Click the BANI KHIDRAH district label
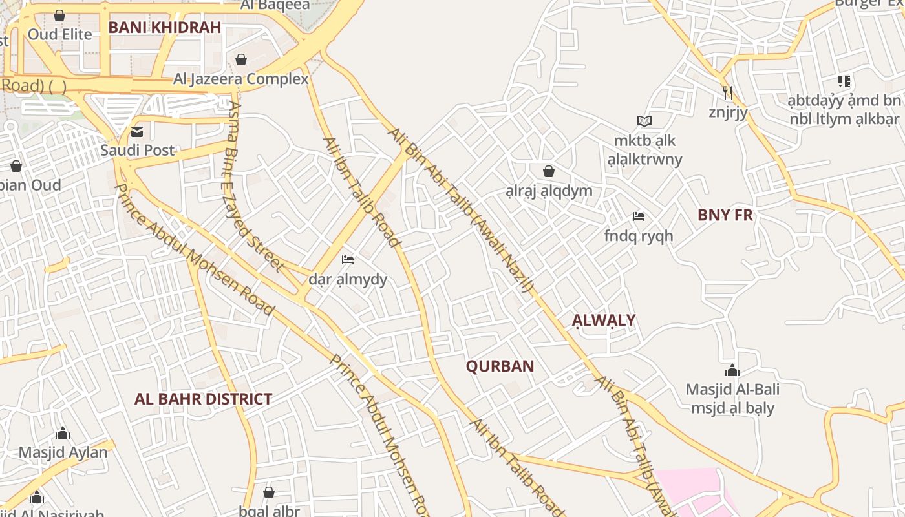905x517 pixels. (165, 27)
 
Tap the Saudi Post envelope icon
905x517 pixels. (137, 132)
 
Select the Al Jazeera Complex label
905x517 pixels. (240, 79)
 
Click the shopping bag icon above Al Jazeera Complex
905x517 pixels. (241, 59)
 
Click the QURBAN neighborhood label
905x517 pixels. (500, 366)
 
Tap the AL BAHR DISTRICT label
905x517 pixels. (203, 399)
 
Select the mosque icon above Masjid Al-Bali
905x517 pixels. (732, 370)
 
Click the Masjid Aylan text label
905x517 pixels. (63, 452)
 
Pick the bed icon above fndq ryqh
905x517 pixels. (639, 216)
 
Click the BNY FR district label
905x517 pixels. (725, 215)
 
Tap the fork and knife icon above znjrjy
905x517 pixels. (728, 93)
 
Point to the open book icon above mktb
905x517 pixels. (644, 121)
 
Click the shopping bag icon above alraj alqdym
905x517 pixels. (549, 171)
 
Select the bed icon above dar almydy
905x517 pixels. (348, 260)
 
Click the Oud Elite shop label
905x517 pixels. (60, 34)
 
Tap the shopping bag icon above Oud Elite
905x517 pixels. (59, 15)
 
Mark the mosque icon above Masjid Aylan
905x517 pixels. (63, 433)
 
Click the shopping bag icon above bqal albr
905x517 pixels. (269, 492)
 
